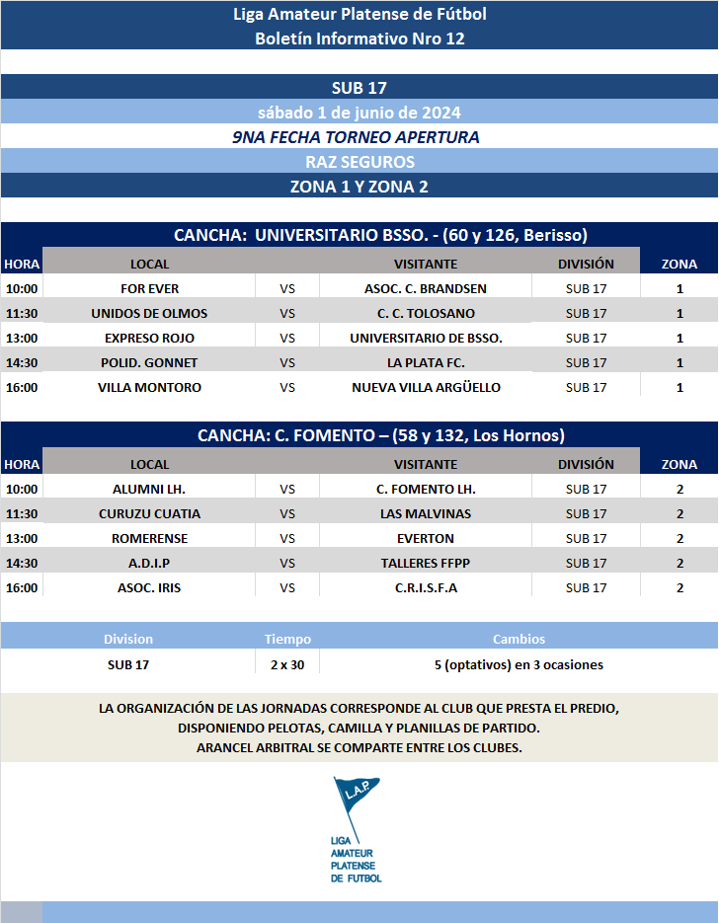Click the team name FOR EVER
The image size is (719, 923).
point(149,288)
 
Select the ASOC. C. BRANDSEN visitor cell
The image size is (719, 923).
point(426,288)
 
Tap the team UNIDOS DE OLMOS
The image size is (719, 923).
point(149,313)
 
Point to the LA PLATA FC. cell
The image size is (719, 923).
point(426,362)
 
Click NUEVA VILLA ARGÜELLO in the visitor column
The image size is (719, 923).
point(426,387)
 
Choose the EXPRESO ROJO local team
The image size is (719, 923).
point(149,338)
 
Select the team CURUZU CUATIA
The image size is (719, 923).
point(149,513)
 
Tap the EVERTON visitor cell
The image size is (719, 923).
point(426,538)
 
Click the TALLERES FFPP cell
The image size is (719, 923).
point(426,563)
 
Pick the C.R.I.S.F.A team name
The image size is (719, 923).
point(426,587)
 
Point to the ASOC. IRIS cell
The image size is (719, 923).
point(149,587)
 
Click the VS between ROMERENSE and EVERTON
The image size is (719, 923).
point(287,538)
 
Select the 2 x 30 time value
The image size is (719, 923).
point(287,664)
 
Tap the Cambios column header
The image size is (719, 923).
point(519,639)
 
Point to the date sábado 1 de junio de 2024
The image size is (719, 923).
point(359,112)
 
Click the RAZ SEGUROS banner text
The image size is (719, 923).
point(359,161)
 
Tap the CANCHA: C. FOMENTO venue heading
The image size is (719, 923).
point(380,435)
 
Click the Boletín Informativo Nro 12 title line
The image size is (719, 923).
point(359,38)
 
